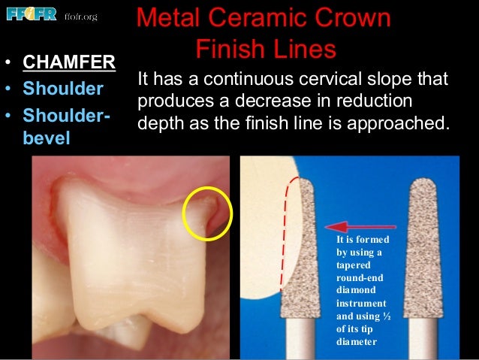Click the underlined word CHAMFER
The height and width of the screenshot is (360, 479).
pos(68,62)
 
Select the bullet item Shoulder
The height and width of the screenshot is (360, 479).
pos(63,89)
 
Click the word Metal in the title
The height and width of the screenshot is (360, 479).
pos(172,20)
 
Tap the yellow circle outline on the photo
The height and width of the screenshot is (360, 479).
pos(208,214)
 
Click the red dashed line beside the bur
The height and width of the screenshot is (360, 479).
pos(285,233)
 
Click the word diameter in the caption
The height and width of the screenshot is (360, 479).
pos(357,342)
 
